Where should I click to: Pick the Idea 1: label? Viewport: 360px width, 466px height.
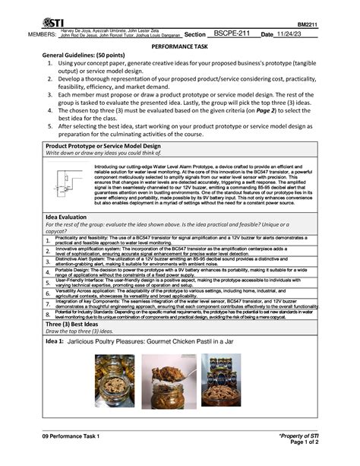point(54,341)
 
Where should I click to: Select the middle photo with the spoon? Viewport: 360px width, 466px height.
point(168,380)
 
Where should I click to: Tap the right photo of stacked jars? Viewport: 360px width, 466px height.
point(223,380)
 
